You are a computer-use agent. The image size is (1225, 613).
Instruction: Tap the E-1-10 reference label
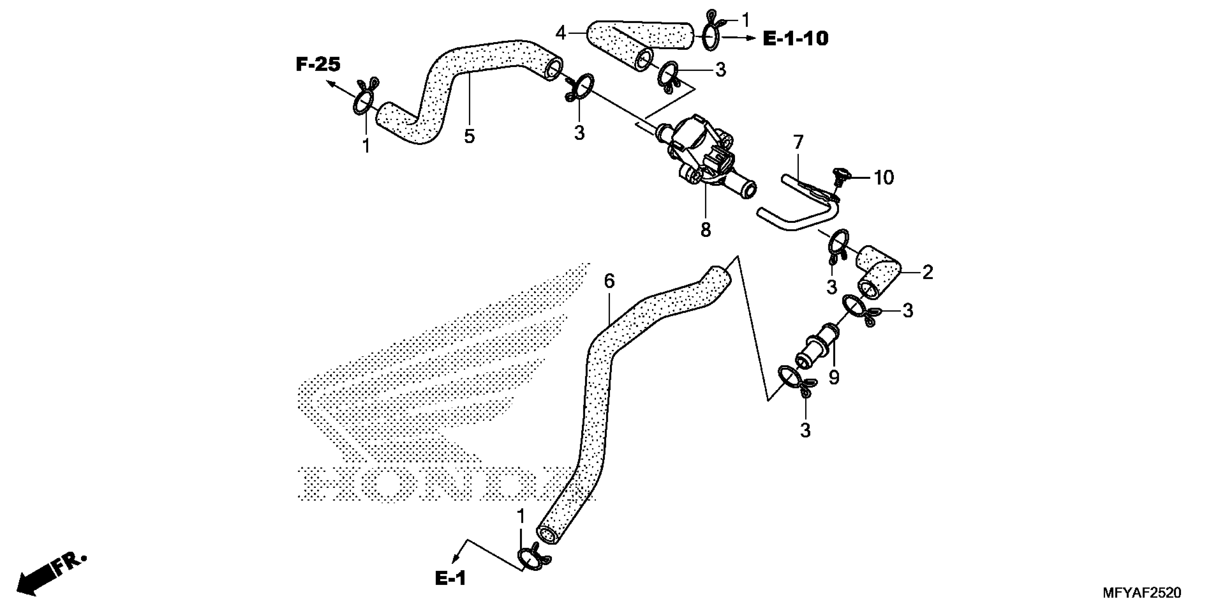796,39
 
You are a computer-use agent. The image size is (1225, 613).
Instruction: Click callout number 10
883,178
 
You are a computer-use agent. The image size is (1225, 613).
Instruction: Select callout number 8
706,230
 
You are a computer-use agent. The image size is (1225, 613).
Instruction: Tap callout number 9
834,378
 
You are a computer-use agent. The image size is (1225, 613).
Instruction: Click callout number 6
609,281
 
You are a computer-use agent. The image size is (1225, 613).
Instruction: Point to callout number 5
469,137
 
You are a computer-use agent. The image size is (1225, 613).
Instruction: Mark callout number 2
927,273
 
